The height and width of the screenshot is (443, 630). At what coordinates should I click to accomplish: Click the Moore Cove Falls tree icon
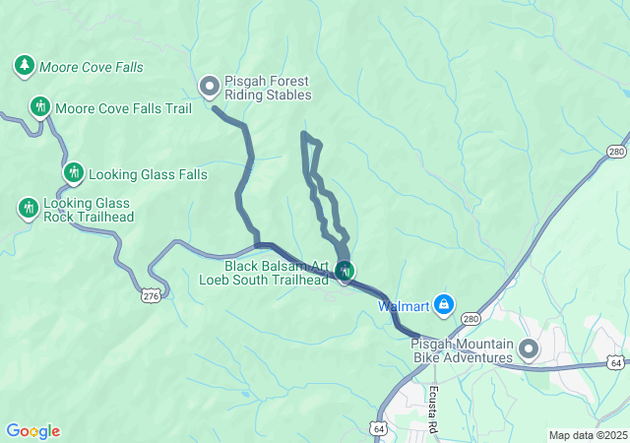(24, 66)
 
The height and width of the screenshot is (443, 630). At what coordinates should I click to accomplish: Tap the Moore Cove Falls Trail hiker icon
(40, 106)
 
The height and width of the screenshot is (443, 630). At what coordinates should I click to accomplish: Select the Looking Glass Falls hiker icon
(73, 173)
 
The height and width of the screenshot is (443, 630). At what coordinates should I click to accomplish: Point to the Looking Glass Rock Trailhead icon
(29, 208)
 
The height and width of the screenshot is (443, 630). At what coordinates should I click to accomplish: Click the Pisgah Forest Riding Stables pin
(210, 88)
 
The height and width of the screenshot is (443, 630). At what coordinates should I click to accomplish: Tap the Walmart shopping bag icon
(444, 305)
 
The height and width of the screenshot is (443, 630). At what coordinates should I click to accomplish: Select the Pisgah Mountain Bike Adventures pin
(530, 348)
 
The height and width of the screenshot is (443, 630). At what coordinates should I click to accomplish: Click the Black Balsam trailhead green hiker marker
(344, 270)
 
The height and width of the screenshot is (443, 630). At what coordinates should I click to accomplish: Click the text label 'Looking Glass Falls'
(148, 174)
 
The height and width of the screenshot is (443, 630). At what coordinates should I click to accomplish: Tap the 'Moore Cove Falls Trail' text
(123, 108)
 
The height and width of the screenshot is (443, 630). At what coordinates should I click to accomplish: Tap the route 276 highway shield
(151, 294)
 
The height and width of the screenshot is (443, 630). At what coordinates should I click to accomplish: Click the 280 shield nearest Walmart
(472, 319)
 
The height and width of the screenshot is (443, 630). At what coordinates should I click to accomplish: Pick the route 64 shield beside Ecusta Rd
(380, 429)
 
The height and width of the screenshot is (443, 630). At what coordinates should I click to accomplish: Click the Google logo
(32, 431)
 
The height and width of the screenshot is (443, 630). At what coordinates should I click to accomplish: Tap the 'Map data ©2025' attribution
(588, 435)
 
